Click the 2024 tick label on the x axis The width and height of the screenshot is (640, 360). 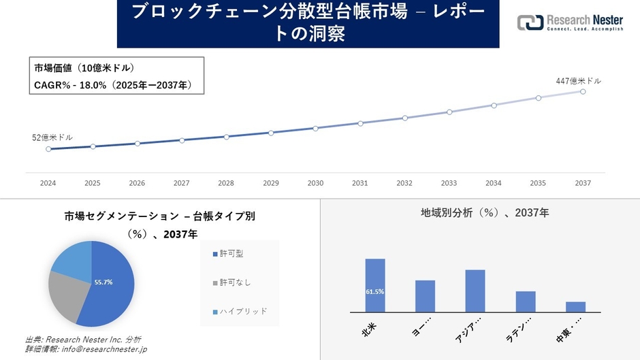48,183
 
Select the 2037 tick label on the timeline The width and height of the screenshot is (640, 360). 583,183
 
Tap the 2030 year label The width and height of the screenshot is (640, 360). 315,183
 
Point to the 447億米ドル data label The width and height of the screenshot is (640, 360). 578,81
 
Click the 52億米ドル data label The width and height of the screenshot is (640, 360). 52,137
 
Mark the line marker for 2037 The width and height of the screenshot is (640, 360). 583,91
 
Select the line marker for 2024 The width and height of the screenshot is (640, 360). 48,149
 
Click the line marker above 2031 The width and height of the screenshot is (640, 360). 360,123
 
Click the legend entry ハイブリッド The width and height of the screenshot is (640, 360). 240,311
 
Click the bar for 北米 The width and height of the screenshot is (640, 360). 375,285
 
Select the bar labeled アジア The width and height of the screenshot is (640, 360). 475,291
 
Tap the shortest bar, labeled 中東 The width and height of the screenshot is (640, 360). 575,306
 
